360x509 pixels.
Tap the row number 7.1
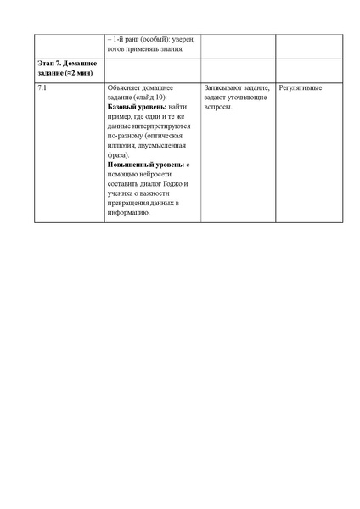[x=43, y=87]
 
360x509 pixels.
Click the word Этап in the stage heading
[x=48, y=64]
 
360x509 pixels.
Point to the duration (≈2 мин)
[x=76, y=73]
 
